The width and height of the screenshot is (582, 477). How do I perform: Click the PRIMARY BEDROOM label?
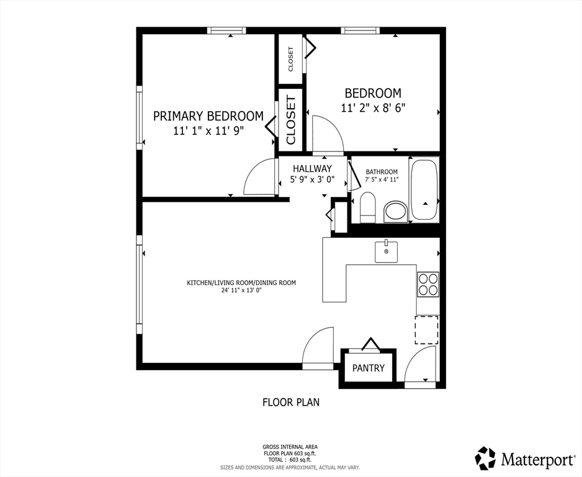click(x=208, y=116)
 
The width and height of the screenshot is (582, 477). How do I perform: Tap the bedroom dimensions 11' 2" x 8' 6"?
click(x=373, y=108)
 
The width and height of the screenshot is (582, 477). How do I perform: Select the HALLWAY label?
click(x=312, y=169)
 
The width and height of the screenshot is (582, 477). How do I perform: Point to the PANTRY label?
click(x=368, y=368)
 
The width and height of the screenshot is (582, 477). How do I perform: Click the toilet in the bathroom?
click(x=368, y=207)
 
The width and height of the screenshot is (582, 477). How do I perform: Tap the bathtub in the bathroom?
click(x=424, y=189)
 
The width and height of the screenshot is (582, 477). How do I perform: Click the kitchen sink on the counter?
click(x=386, y=252)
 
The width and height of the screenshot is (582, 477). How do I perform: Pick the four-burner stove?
click(x=428, y=284)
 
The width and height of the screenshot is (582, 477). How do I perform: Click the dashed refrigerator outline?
click(x=428, y=330)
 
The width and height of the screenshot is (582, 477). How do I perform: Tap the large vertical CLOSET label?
click(x=290, y=120)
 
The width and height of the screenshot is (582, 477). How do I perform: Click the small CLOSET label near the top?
click(x=290, y=59)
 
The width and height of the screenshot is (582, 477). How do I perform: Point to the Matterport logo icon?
click(x=485, y=458)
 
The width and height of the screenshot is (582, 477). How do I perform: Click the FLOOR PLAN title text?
click(x=291, y=402)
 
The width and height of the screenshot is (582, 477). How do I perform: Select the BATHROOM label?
click(x=382, y=172)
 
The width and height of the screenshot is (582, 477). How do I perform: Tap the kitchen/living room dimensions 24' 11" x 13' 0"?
click(x=241, y=291)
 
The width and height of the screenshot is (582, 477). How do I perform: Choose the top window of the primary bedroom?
click(x=226, y=30)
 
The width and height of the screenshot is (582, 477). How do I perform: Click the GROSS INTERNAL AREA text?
click(x=290, y=447)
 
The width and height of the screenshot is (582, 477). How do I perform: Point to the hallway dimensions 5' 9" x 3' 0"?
click(x=312, y=179)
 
